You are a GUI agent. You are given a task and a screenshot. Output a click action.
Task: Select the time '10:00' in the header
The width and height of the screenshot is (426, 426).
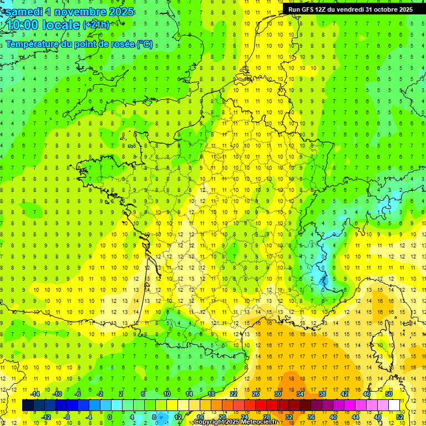coord(26,25)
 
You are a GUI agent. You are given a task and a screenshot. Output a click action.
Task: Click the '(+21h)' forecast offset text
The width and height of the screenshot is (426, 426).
coord(96,25)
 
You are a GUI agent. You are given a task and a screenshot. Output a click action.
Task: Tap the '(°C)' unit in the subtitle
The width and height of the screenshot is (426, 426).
coord(144,44)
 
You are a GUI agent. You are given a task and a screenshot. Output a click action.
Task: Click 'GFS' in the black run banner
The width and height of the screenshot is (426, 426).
coord(310,9)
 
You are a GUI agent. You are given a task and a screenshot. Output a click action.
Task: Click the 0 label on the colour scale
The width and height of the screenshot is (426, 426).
coord(109,417)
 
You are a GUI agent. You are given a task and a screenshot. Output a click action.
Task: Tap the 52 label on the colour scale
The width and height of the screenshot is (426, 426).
coord(399,417)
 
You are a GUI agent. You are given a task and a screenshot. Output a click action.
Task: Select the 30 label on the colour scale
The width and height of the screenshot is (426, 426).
coord(277,394)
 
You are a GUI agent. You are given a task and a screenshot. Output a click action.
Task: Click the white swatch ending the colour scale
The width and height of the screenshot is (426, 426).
coord(394,405)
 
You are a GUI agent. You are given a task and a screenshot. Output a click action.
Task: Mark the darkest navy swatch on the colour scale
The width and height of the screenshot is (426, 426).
coord(28,405)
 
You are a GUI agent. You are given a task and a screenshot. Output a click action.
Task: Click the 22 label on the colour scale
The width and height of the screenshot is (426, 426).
coord(233,394)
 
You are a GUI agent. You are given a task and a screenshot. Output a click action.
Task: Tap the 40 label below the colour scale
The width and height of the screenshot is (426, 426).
coord(332,417)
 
